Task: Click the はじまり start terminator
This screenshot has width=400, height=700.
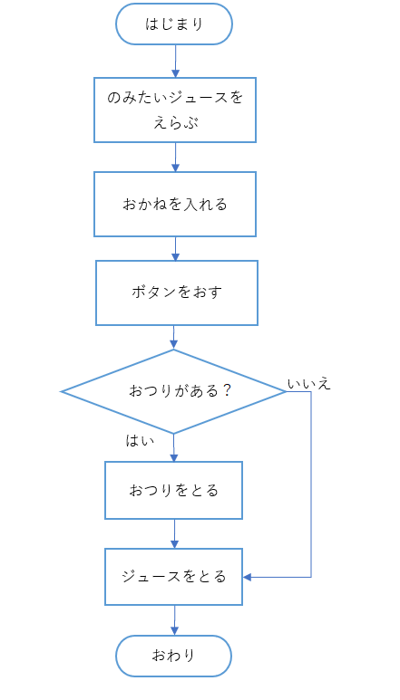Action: pos(174,24)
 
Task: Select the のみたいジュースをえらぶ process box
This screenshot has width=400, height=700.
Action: pos(175,110)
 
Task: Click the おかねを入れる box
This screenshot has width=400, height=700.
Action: pos(175,204)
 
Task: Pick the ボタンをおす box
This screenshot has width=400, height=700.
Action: pos(177,292)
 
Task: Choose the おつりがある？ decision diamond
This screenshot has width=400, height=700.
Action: pos(173,391)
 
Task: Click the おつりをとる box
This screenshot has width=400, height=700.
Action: pos(174,490)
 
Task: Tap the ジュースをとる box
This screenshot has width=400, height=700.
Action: pos(174,577)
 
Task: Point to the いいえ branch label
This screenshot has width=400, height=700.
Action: pos(308,384)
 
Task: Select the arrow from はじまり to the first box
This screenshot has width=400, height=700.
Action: pos(174,61)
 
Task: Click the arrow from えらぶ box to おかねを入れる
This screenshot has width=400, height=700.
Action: pos(174,157)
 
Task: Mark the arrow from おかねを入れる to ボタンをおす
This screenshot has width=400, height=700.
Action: pos(174,249)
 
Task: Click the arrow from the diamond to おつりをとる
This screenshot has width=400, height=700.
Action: pos(173,447)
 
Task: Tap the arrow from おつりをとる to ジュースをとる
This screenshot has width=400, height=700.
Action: pos(174,533)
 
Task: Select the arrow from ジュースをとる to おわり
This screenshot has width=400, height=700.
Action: pos(174,620)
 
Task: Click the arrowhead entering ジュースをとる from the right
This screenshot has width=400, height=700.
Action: pos(248,577)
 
